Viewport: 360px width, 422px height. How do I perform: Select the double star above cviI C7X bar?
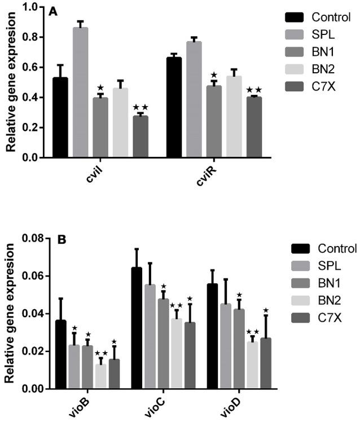(x=140, y=108)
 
